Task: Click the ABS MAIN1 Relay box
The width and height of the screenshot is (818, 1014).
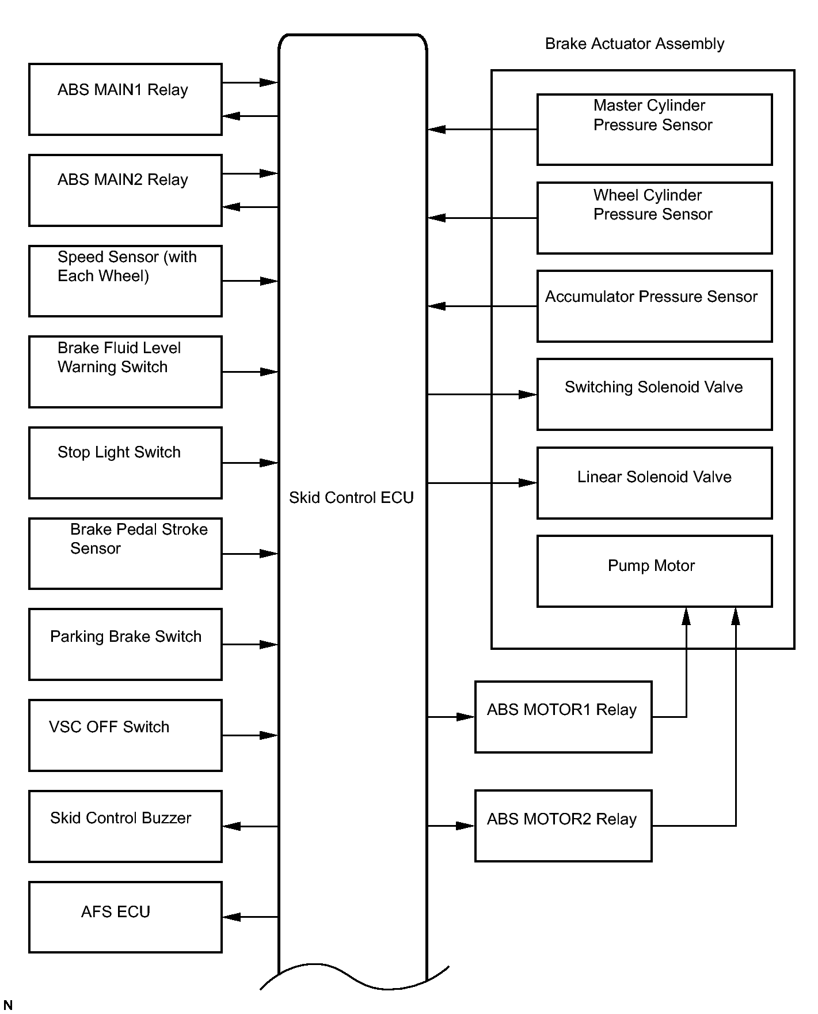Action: [x=125, y=99]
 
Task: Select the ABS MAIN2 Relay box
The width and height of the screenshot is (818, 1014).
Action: [x=125, y=190]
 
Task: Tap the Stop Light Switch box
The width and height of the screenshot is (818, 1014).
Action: [x=125, y=463]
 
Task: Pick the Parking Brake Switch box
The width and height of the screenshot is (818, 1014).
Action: [x=125, y=644]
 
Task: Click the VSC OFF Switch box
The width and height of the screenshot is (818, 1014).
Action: [x=125, y=735]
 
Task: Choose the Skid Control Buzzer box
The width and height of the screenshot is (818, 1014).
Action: [x=125, y=826]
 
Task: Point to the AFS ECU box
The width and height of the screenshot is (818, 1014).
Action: [x=125, y=917]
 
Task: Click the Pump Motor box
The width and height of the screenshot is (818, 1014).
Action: [x=655, y=571]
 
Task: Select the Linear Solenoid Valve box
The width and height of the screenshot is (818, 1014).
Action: [x=655, y=483]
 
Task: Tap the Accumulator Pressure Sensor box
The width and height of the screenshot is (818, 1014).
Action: [x=655, y=306]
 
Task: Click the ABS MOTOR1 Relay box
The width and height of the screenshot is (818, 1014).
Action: [x=564, y=717]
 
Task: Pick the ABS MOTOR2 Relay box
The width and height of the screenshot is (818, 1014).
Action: [x=564, y=826]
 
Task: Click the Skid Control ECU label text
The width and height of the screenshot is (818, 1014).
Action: [x=351, y=497]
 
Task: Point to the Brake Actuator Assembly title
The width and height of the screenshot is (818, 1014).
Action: [x=634, y=44]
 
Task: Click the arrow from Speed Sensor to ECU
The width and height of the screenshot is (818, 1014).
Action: [x=250, y=281]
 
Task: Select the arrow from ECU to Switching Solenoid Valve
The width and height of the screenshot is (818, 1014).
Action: [x=482, y=395]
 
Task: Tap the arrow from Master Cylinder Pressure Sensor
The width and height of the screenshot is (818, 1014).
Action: [x=482, y=130]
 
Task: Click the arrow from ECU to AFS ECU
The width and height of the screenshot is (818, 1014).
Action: [x=250, y=917]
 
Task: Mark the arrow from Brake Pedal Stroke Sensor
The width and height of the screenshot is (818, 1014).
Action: [x=250, y=554]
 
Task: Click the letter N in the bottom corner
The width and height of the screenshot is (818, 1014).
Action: [x=8, y=1005]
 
